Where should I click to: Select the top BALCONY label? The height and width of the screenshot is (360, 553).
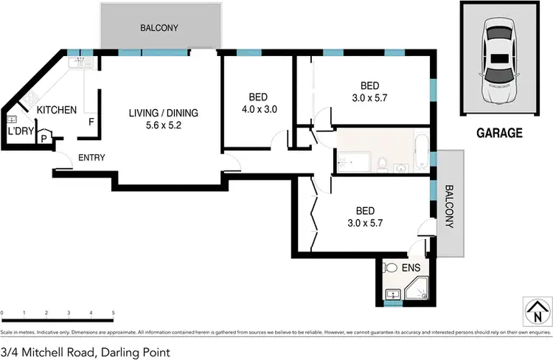pyautogui.click(x=159, y=28)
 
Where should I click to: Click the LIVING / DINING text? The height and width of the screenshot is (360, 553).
pyautogui.click(x=163, y=113)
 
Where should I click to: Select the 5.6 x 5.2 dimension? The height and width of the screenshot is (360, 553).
pyautogui.click(x=163, y=125)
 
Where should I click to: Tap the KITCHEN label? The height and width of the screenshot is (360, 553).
pyautogui.click(x=57, y=110)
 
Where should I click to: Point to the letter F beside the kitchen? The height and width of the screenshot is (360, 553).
pyautogui.click(x=91, y=122)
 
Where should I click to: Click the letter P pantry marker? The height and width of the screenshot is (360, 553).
pyautogui.click(x=44, y=138)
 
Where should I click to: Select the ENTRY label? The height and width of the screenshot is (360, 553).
pyautogui.click(x=91, y=157)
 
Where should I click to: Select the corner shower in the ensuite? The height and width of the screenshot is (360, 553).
pyautogui.click(x=420, y=291)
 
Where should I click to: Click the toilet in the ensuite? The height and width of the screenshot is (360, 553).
pyautogui.click(x=392, y=269)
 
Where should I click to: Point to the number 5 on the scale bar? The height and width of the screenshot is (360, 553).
pyautogui.click(x=113, y=314)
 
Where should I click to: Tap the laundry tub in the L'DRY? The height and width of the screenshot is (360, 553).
pyautogui.click(x=12, y=119)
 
